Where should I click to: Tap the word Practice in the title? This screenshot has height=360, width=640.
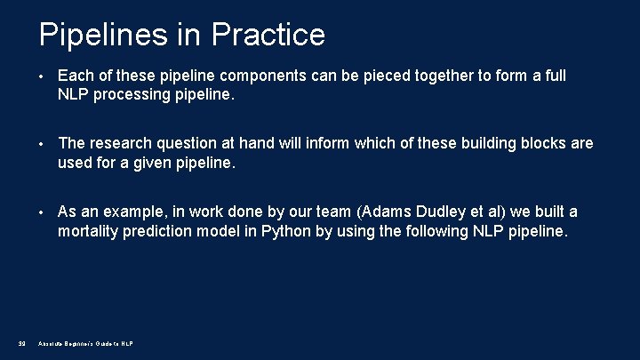pos(268,35)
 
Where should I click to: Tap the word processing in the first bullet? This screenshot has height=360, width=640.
pos(133,95)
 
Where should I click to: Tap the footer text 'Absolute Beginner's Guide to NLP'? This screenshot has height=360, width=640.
pos(85,344)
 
